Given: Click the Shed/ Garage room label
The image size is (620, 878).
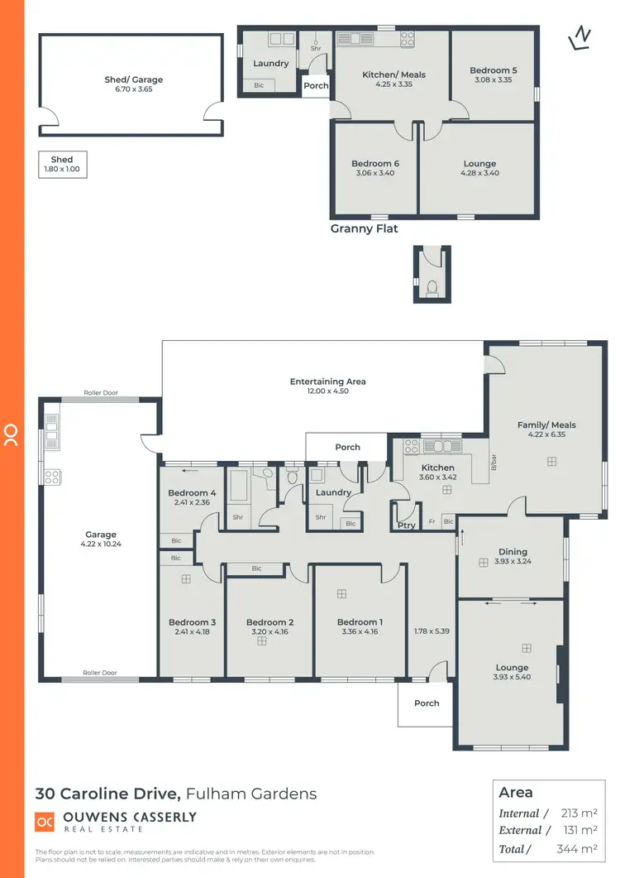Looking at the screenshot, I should click(x=133, y=80).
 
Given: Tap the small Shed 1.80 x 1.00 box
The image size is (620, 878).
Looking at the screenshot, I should click(x=62, y=165).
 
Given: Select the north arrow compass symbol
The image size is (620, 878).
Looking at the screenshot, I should click(x=581, y=37).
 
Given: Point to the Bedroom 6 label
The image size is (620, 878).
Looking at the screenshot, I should click(x=374, y=164).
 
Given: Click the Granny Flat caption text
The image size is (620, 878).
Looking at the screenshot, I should click(x=364, y=228).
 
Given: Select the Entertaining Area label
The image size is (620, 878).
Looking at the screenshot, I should click(x=327, y=381).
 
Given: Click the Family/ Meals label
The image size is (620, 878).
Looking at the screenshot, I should click(x=546, y=425).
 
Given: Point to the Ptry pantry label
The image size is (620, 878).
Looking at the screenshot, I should click(x=406, y=525).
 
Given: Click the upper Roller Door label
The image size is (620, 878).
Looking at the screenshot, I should click(x=101, y=393).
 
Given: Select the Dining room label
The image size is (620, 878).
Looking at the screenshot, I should click(x=513, y=552).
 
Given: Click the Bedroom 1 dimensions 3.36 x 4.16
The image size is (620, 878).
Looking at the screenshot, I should click(x=359, y=632).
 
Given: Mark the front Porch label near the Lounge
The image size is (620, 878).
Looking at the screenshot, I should click(x=427, y=703).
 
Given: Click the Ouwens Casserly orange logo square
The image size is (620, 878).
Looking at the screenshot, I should click(x=45, y=822).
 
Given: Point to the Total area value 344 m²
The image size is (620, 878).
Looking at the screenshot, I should click(x=577, y=849).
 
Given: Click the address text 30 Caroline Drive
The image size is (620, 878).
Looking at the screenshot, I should click(x=107, y=794).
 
